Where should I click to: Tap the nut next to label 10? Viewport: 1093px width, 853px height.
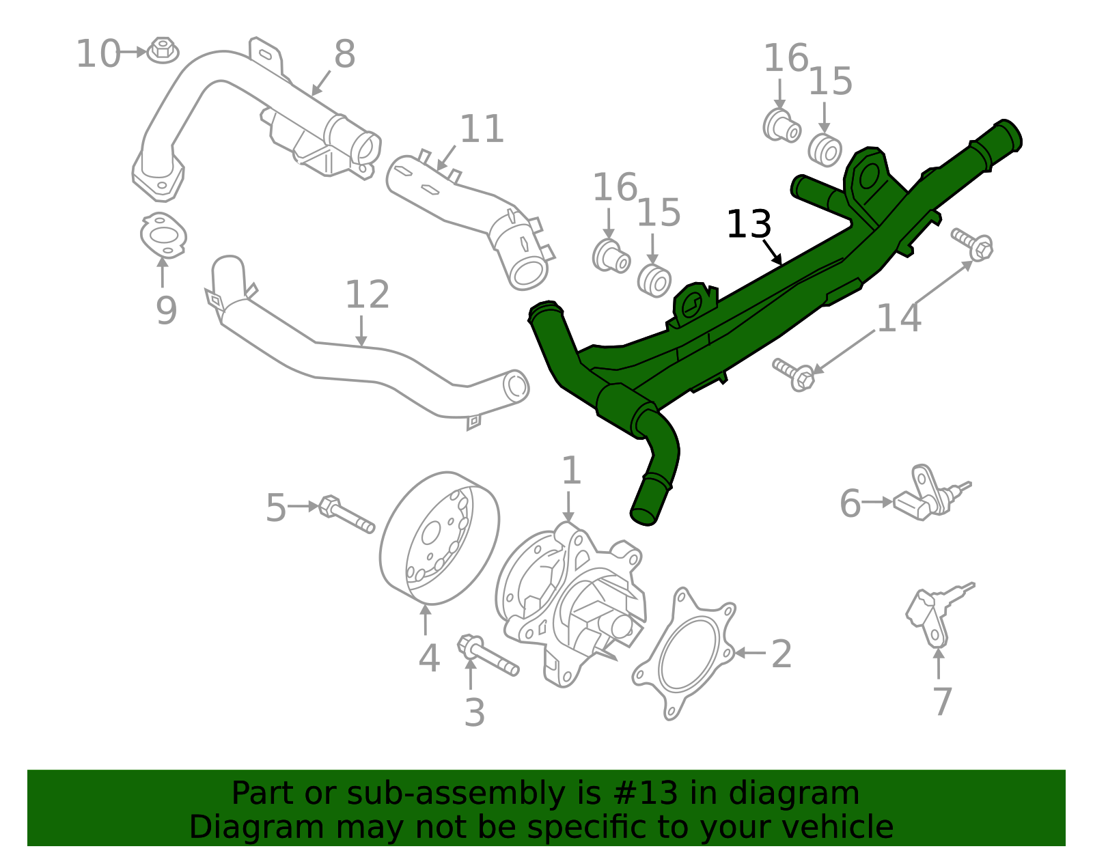point(163,50)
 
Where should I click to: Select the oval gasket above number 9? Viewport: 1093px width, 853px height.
point(163,236)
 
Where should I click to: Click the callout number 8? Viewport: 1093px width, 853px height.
point(344,54)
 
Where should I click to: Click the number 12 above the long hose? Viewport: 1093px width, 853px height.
point(367,294)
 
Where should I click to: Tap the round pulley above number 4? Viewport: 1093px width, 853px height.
point(439,538)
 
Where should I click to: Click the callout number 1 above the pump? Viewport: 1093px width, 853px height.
point(570,471)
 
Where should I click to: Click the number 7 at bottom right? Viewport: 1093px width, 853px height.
point(942,701)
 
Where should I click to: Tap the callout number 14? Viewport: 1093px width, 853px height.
point(898,318)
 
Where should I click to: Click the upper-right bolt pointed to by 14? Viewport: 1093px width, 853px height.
point(973,243)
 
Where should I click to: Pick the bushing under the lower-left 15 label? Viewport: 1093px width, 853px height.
point(654,281)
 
